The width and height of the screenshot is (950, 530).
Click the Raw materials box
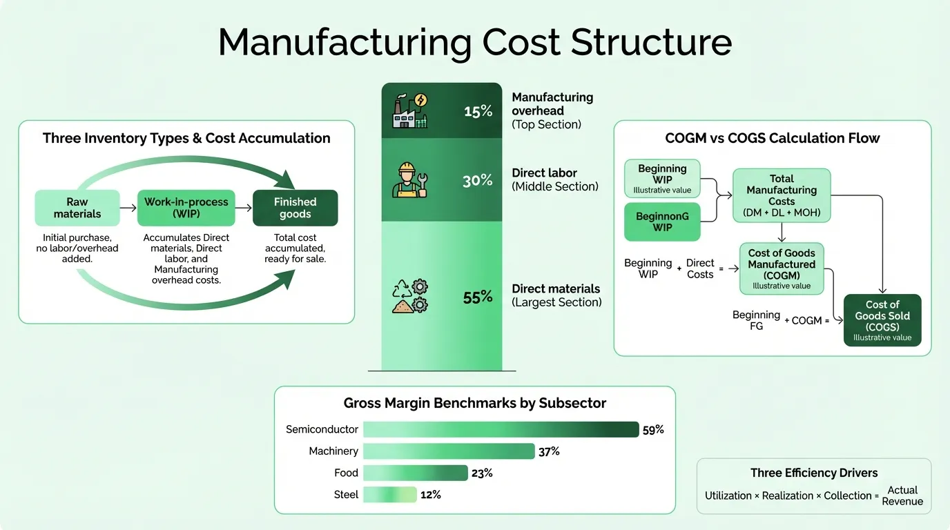click(77, 208)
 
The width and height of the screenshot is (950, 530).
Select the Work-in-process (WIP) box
click(186, 208)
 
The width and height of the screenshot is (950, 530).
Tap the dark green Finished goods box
click(295, 208)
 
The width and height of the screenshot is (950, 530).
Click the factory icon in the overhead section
click(409, 111)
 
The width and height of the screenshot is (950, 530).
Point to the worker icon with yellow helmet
click(409, 181)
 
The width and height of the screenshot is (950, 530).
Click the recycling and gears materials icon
click(409, 297)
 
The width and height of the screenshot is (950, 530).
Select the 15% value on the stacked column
click(478, 111)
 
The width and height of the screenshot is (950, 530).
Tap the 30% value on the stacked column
click(478, 181)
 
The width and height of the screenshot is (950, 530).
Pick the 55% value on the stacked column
click(478, 297)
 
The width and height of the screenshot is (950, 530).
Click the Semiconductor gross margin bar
click(501, 429)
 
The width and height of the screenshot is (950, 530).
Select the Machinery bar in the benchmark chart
click(449, 451)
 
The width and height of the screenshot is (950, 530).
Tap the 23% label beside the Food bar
click(483, 473)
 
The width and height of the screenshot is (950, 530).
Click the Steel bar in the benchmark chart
click(390, 494)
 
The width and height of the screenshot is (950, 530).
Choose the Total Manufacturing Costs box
click(782, 196)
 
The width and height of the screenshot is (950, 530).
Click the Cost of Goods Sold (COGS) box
click(882, 320)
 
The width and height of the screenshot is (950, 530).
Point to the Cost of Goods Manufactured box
click(782, 268)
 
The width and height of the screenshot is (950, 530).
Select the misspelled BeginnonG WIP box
click(662, 222)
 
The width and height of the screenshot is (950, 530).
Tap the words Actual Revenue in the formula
click(902, 495)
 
